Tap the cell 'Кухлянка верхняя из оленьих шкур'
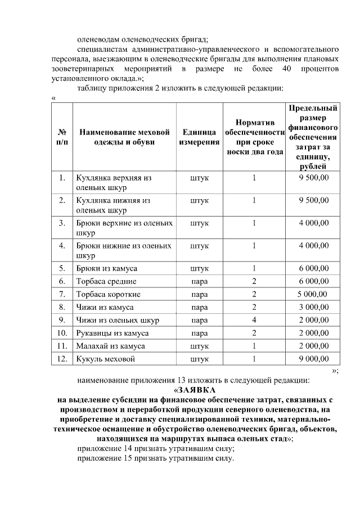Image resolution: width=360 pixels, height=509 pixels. click(x=114, y=183)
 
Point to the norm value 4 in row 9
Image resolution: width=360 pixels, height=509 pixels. click(x=254, y=320)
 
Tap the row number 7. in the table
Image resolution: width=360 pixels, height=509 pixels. click(x=62, y=294)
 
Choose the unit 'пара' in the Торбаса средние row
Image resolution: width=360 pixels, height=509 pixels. click(x=199, y=281)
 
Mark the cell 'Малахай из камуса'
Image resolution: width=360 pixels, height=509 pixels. click(x=110, y=346)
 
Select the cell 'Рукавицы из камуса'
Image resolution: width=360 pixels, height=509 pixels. click(x=112, y=333)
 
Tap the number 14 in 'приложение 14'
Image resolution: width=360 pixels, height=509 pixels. click(x=130, y=448)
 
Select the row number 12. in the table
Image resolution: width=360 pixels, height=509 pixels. click(x=62, y=358)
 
